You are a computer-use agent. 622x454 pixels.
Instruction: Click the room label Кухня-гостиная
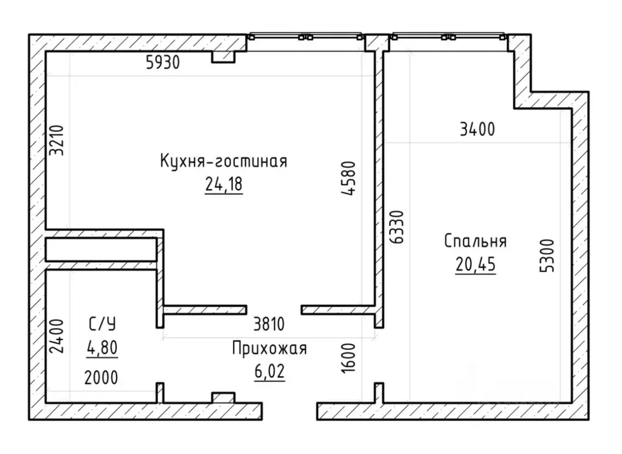tap(224, 161)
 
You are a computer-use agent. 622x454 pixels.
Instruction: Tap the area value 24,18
tap(224, 184)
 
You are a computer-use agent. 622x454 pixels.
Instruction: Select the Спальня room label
tap(475, 241)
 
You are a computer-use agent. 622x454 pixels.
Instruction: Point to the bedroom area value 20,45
tap(475, 264)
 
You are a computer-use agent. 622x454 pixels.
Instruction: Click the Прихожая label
tap(269, 348)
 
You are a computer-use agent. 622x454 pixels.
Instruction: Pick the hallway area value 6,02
tap(269, 372)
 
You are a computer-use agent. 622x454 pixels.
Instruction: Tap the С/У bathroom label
tap(102, 324)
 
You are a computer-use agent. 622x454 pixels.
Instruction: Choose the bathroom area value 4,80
tap(102, 347)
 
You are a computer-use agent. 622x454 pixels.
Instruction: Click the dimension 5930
tap(162, 62)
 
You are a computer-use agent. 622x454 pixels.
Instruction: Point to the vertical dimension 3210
tap(57, 140)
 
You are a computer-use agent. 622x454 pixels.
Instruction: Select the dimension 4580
tap(348, 178)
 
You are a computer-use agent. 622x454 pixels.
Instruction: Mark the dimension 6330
tap(396, 227)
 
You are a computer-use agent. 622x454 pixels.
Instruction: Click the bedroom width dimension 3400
tap(477, 130)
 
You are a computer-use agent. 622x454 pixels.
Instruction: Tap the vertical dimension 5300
tap(547, 256)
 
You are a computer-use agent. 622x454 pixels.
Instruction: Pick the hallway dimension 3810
tap(269, 324)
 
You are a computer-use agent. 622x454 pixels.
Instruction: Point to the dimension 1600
tap(348, 358)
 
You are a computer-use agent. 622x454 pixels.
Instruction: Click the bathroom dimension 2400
tap(57, 336)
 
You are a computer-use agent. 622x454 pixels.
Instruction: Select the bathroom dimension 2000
tap(101, 377)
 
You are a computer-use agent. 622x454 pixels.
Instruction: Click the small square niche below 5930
tap(223, 57)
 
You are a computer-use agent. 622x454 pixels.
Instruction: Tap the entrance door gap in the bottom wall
tap(289, 411)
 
